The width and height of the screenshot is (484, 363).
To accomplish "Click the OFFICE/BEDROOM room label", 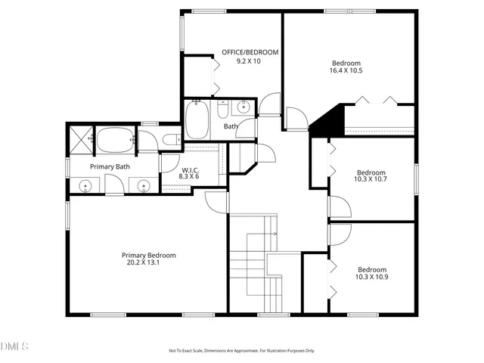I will tap(250, 52).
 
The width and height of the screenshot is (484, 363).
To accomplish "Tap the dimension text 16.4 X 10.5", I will tap(346, 71).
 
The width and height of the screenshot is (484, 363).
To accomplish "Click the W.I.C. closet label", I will tap(190, 169).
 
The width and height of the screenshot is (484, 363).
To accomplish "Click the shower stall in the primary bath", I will tap(80, 139).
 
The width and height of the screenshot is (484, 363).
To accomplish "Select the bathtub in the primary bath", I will tap(114, 140).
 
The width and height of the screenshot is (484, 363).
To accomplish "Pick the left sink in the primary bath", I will tap(86, 184).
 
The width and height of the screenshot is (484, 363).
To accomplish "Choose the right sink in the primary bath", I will tap(142, 184).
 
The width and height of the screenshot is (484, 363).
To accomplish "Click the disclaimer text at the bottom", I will tap(241, 351).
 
